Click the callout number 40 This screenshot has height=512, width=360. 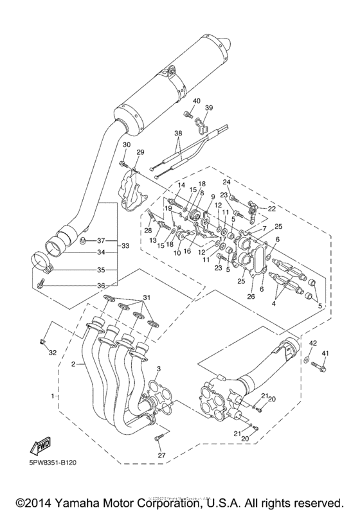[196, 101]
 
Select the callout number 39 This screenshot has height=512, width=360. [209, 108]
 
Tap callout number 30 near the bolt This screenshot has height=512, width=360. [126, 145]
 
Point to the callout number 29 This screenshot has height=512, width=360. [139, 152]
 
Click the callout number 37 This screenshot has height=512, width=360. [101, 241]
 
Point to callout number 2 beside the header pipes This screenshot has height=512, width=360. [74, 364]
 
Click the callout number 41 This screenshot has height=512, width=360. [325, 353]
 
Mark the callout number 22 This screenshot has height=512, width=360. [271, 209]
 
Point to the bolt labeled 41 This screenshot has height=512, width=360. [319, 367]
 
